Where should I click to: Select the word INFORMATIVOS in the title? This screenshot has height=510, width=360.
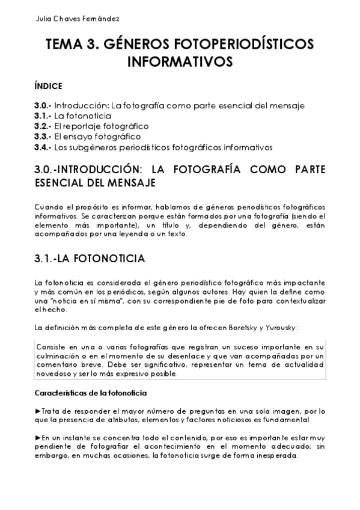pyautogui.click(x=180, y=61)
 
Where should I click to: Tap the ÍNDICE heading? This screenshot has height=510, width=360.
pyautogui.click(x=48, y=86)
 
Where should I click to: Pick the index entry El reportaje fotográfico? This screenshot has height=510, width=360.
pyautogui.click(x=101, y=126)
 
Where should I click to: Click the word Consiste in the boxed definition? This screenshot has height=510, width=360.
pyautogui.click(x=52, y=348)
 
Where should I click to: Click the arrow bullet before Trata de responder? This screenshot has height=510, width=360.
pyautogui.click(x=38, y=410)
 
